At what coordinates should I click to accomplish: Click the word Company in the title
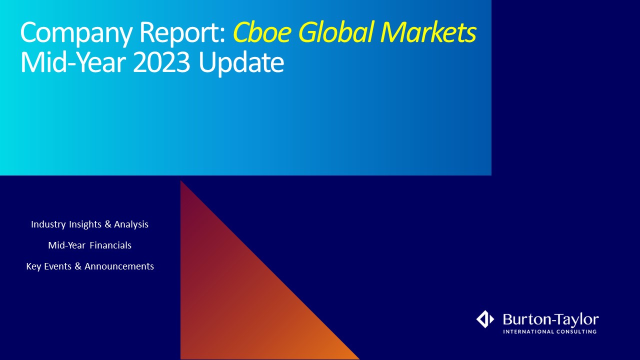76,33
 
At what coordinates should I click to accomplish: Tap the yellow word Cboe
262,31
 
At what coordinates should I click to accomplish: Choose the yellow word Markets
428,31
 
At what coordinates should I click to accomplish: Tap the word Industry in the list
48,224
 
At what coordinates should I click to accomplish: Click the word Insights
85,224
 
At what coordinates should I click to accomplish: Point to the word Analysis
131,224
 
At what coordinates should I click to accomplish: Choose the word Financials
110,245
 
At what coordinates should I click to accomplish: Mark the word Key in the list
33,266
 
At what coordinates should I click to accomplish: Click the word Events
57,266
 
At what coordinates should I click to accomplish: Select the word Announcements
119,266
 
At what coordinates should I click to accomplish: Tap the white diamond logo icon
485,319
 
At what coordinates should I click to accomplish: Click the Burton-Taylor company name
551,319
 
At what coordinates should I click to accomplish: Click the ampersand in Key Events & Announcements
78,266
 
